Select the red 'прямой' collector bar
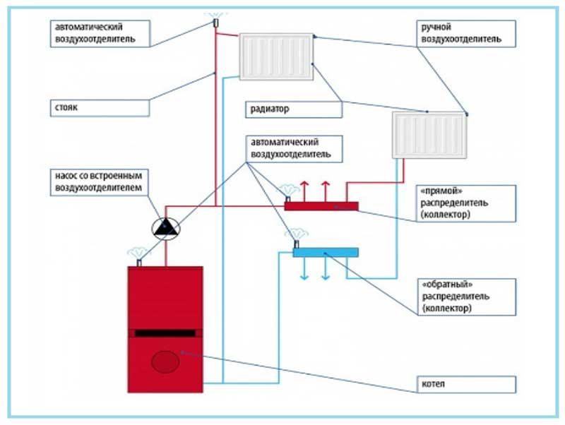coord(321,206)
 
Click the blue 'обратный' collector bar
coord(326,251)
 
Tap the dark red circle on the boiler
coord(165,362)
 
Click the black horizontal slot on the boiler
coord(165,333)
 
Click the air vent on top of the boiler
coord(138,261)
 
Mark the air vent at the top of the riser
coord(216,23)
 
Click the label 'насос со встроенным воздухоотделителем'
coord(100,181)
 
